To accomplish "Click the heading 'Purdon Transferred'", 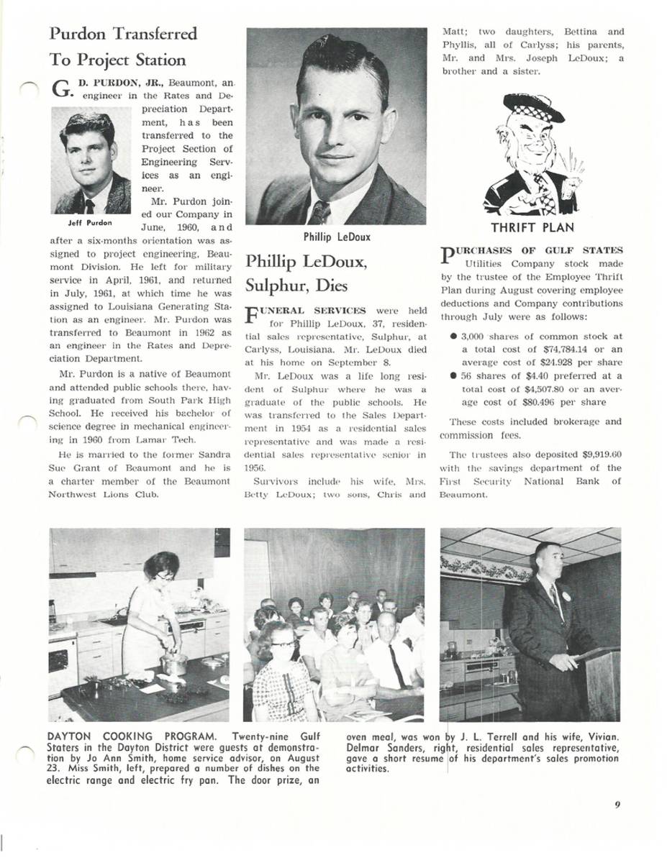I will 123,34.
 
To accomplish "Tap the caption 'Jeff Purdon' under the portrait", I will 91,223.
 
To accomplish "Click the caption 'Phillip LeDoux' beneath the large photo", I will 337,237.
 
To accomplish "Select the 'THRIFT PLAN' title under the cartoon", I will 532,228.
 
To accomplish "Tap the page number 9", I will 617,805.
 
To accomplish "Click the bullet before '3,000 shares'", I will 452,336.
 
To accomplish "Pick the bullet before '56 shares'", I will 452,376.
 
